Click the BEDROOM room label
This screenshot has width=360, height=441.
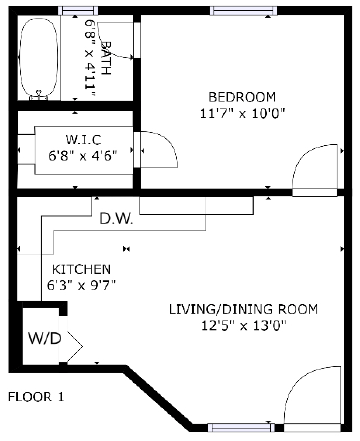click(241, 96)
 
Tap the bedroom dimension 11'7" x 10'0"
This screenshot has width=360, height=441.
click(241, 113)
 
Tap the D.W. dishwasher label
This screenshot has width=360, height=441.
click(118, 219)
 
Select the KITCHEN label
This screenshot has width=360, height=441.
click(82, 270)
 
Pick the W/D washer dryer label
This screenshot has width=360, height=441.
click(45, 339)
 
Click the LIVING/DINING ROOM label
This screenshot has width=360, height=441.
click(243, 309)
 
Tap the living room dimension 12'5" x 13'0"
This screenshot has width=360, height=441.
click(243, 327)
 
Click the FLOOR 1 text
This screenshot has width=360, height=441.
click(36, 397)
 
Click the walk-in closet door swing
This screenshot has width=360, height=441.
click(159, 150)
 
